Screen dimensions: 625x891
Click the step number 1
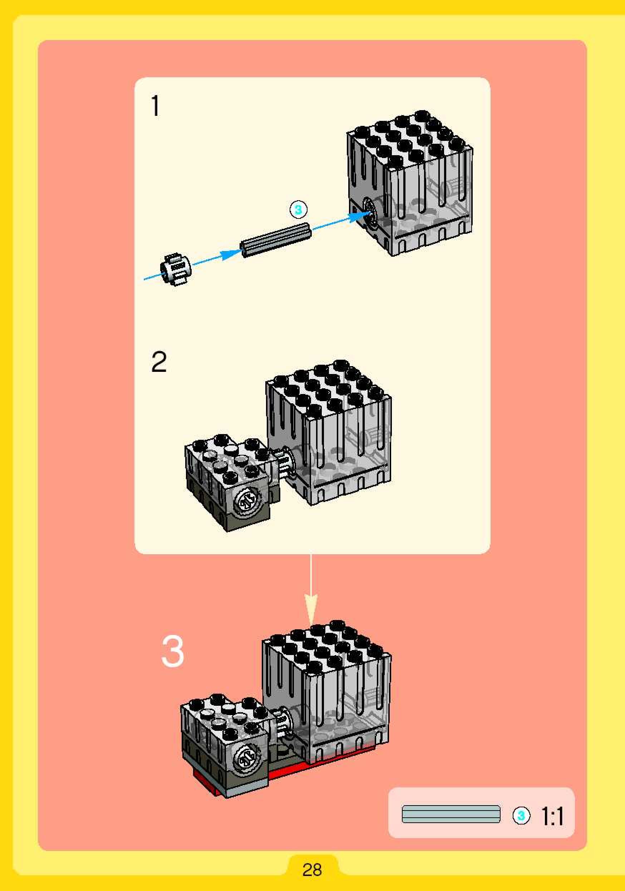156,105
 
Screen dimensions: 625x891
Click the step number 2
159,362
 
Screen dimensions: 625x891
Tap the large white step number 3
172,651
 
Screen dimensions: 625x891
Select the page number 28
312,870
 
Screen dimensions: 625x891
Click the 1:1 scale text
552,817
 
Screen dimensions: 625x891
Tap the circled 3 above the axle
298,210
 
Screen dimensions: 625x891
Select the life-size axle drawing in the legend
451,814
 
